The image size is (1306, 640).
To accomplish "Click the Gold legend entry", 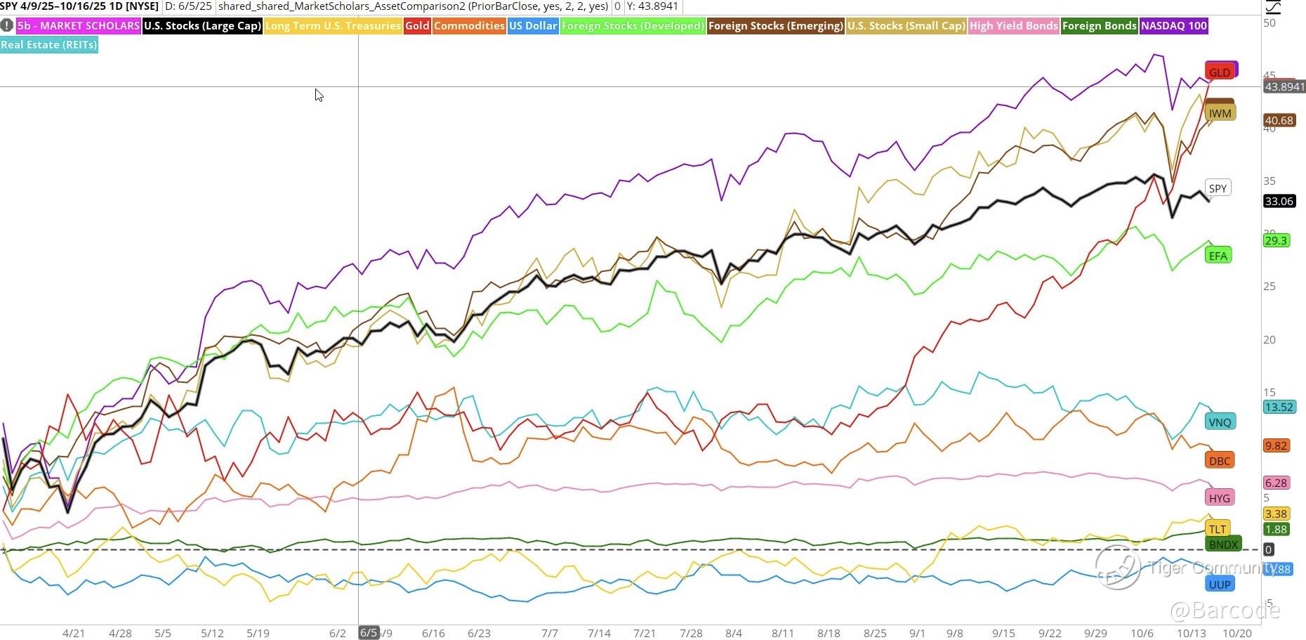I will click(x=417, y=26).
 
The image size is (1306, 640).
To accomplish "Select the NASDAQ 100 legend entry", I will click(x=1173, y=26).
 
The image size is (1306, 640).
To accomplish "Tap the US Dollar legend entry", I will click(x=533, y=26).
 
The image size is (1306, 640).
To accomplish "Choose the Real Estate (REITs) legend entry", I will click(x=48, y=45).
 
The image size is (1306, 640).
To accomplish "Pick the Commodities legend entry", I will click(x=468, y=26).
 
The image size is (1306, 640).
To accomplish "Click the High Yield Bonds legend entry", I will click(x=1013, y=26).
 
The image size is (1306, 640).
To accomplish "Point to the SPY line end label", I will click(x=1218, y=188).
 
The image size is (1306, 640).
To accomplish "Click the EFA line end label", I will click(x=1218, y=256).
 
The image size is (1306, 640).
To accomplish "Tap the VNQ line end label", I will click(x=1220, y=422).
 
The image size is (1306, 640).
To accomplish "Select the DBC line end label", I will click(x=1219, y=461).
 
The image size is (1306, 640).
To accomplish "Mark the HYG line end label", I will click(x=1219, y=498).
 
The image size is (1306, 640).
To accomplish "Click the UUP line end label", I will click(x=1219, y=585).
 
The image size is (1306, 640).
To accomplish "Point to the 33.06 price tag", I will click(x=1279, y=202).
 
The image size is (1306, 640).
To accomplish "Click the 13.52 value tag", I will click(x=1279, y=407).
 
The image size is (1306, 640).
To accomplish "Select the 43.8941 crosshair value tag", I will click(x=1284, y=87).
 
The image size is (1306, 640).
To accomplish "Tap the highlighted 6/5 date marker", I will click(x=369, y=633).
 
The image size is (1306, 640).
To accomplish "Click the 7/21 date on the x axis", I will click(x=644, y=633).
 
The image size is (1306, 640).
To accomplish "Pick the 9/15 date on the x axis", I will click(x=1003, y=633).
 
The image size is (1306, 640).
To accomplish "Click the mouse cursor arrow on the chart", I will click(x=319, y=96).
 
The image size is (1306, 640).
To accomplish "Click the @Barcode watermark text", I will click(x=1225, y=610).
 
